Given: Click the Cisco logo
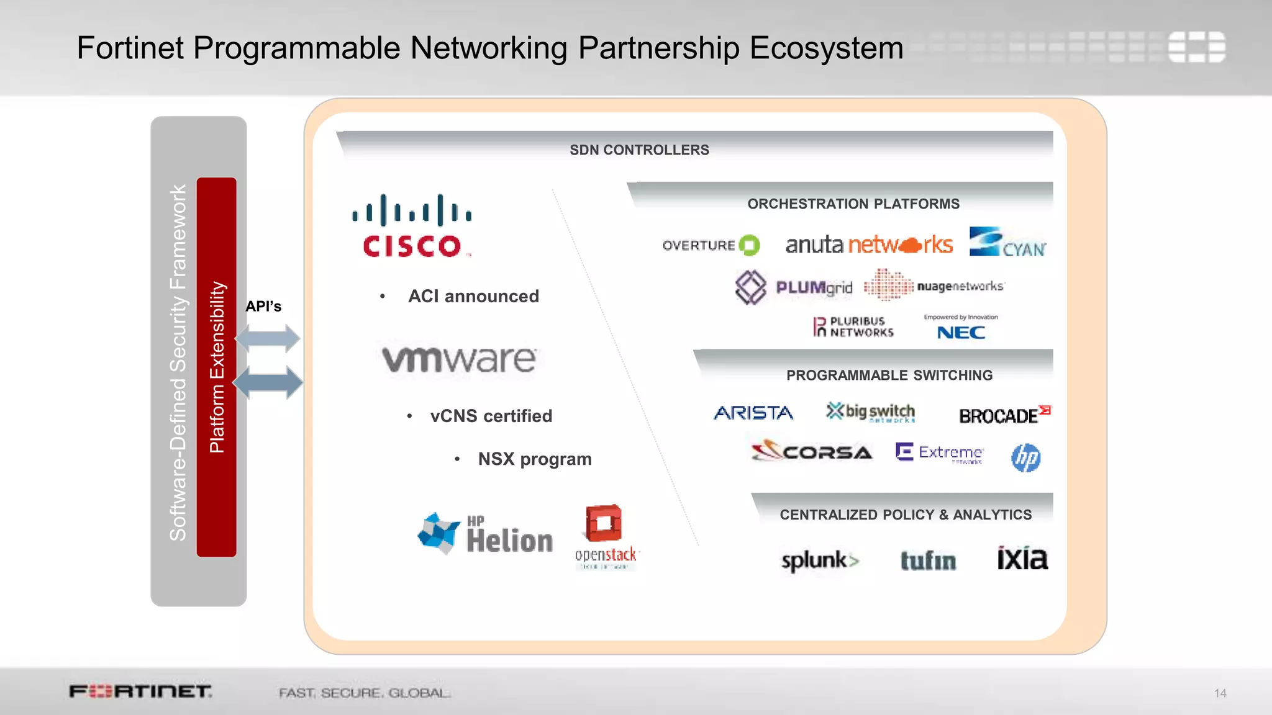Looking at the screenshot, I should tap(412, 226).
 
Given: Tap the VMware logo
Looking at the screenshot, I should tap(459, 359).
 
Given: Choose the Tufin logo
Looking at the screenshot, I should tap(928, 560).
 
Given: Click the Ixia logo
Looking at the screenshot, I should tap(1022, 559).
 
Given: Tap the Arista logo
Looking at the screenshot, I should tap(753, 413).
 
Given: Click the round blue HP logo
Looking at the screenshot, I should tap(1026, 458).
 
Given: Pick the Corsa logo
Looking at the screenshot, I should tap(812, 451).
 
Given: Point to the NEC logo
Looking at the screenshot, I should tap(961, 332).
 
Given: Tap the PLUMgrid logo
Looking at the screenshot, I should tap(794, 287).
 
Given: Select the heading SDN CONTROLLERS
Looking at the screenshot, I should tap(639, 150).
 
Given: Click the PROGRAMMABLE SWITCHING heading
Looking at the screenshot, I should tap(889, 375).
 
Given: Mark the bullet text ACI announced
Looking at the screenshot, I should tap(473, 297).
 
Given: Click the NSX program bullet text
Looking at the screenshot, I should tap(534, 459).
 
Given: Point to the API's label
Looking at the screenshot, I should tap(263, 307).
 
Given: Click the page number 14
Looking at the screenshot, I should tap(1220, 693).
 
